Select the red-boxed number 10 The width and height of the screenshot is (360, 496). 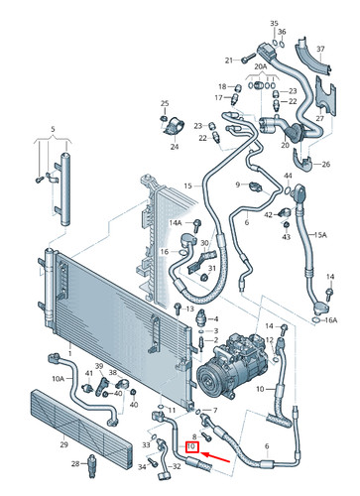(191, 459)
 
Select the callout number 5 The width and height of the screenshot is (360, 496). (54, 129)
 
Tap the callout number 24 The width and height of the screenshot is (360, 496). (174, 147)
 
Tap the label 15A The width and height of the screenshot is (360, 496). (319, 235)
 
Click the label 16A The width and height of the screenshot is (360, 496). (331, 320)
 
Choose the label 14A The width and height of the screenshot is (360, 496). (175, 223)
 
